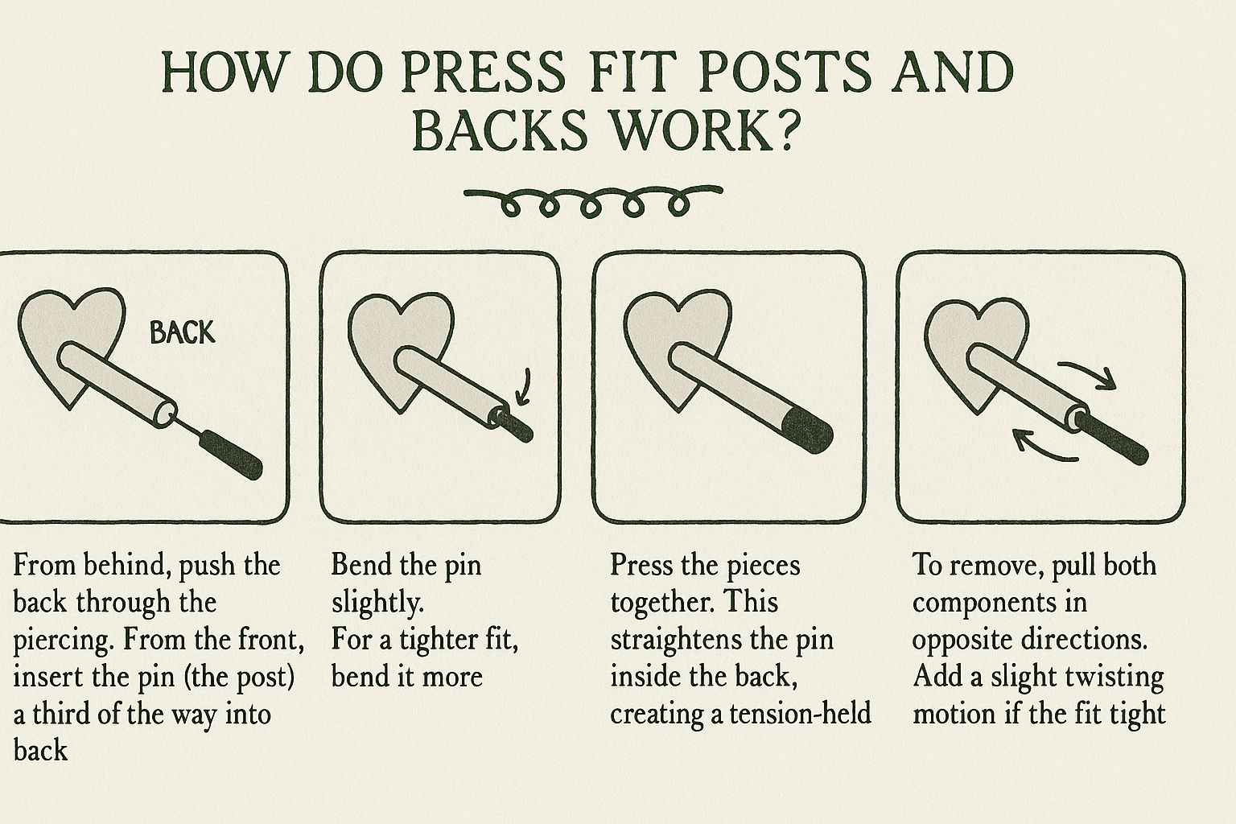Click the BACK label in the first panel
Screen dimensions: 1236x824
click(x=182, y=333)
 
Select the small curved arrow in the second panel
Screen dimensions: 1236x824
click(x=524, y=387)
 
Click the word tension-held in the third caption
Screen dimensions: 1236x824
click(x=800, y=715)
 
